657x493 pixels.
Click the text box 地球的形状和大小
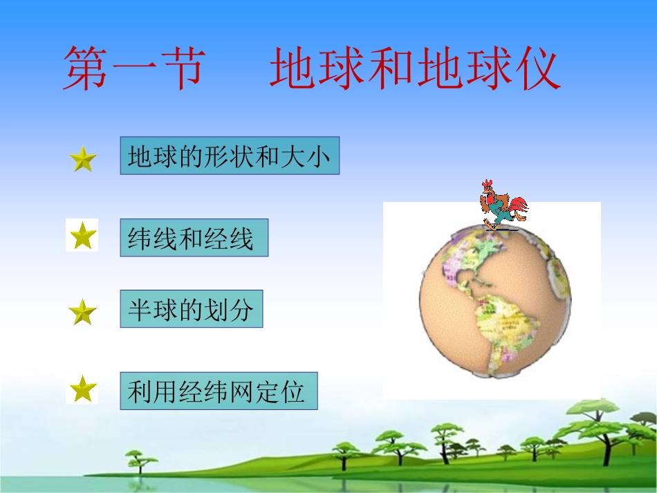230,156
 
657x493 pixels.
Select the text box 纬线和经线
194,238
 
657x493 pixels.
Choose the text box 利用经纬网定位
218,391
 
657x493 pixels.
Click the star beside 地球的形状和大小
83,160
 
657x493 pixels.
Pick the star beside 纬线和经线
82,236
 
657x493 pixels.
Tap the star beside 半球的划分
83,313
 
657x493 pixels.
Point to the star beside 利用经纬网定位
82,389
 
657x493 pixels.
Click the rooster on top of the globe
501,205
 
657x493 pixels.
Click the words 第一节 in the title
134,70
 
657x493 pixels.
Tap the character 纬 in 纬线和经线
140,239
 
